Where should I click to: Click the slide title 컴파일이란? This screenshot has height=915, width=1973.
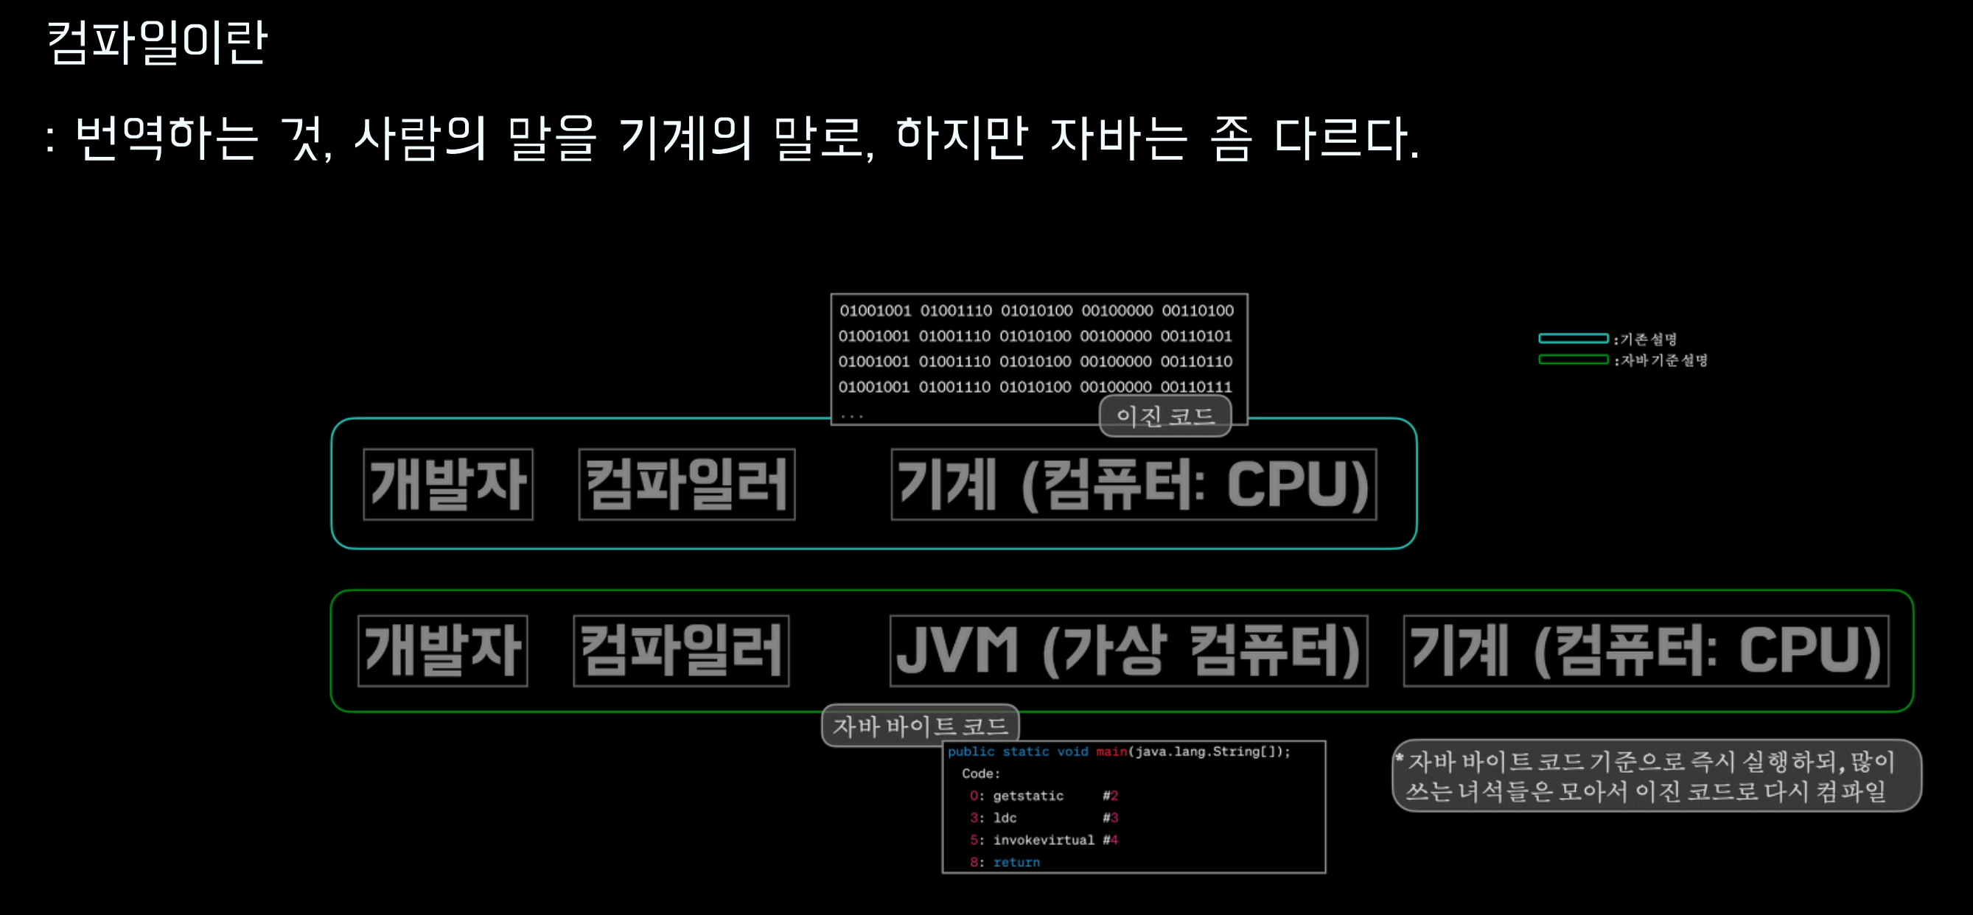pos(157,42)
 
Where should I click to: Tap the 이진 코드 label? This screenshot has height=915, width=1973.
pos(1165,416)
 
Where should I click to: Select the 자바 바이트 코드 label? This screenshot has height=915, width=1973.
pos(920,726)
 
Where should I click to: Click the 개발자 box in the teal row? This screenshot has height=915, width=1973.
pos(448,485)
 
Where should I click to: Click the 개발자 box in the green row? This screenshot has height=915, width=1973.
pos(443,651)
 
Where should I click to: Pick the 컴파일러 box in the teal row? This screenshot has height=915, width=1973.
pos(686,485)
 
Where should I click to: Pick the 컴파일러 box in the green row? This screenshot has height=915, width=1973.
pos(681,651)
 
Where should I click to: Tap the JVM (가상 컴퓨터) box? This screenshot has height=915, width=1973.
pos(1128,651)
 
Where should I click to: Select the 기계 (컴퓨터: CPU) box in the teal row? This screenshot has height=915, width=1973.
pos(1134,485)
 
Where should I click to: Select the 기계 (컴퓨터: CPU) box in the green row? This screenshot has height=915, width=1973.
pos(1646,651)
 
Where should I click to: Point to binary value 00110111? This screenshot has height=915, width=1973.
pos(1195,388)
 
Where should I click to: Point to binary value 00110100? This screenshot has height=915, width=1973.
pos(1197,311)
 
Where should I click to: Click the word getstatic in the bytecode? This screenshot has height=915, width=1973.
pos(1028,796)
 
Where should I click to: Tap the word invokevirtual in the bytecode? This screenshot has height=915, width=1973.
pos(1043,841)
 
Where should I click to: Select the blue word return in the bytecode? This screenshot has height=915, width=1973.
pos(1016,863)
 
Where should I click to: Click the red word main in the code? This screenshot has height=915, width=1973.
pos(1111,752)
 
